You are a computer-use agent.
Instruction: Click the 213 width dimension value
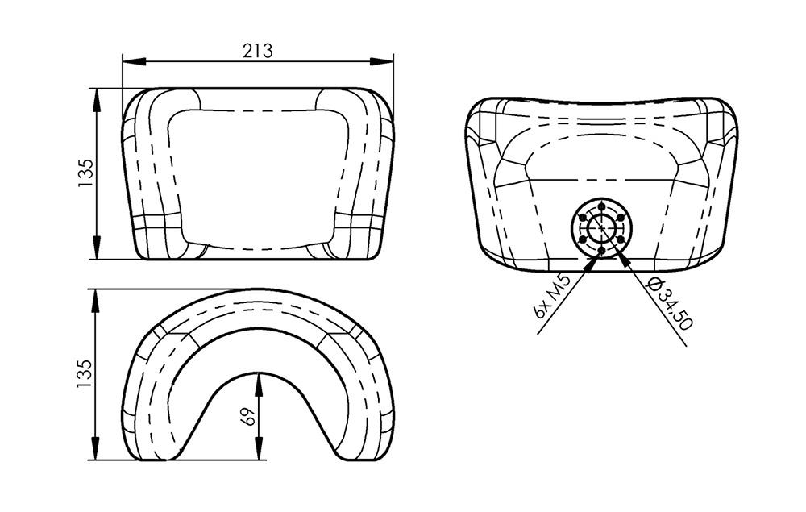point(258,51)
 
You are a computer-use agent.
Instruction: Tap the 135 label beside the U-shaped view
point(85,373)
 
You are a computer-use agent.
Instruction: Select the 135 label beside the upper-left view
point(86,173)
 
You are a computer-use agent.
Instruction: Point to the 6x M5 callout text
point(553,297)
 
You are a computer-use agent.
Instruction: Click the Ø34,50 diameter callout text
point(670,304)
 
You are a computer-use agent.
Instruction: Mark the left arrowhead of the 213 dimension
point(135,62)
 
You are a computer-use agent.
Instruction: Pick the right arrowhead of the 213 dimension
point(381,62)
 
